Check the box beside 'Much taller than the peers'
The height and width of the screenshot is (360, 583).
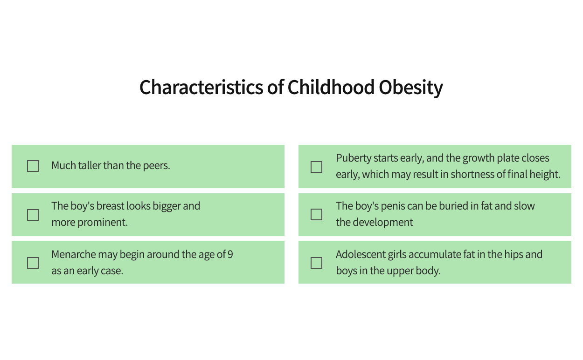pyautogui.click(x=33, y=166)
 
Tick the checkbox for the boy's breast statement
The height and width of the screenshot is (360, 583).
pyautogui.click(x=33, y=215)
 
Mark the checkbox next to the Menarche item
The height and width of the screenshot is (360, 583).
pyautogui.click(x=33, y=263)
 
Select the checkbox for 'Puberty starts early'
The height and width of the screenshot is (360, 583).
pyautogui.click(x=317, y=167)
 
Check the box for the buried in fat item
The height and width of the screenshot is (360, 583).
pyautogui.click(x=317, y=214)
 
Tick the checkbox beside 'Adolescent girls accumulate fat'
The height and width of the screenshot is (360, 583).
pyautogui.click(x=317, y=263)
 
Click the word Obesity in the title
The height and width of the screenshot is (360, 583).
pyautogui.click(x=411, y=88)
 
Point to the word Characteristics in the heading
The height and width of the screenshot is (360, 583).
pyautogui.click(x=201, y=87)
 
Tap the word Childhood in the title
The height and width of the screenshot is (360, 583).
pyautogui.click(x=331, y=87)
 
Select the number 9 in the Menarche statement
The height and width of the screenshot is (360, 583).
pyautogui.click(x=230, y=254)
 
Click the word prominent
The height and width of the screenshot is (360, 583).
pyautogui.click(x=103, y=223)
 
